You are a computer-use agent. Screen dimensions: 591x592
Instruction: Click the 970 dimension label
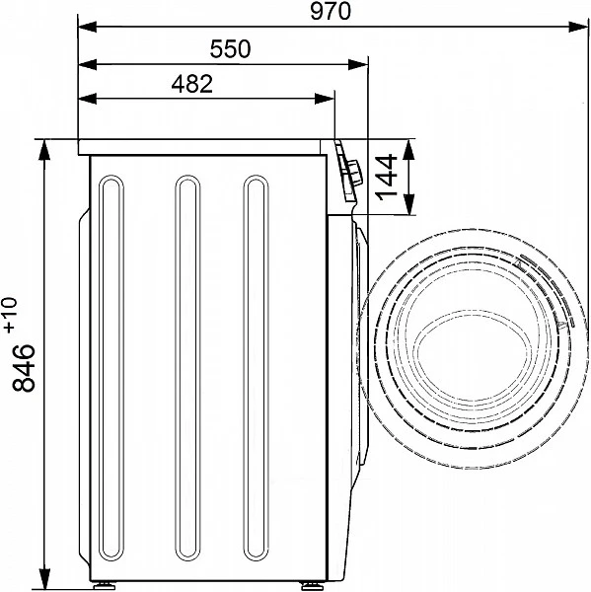tap(331, 11)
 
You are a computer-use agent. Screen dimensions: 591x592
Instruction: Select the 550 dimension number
tap(230, 49)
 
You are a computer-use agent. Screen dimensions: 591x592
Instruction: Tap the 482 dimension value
tap(192, 84)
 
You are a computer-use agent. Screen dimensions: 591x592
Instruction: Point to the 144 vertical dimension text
tap(387, 177)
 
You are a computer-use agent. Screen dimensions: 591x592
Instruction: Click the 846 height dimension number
tap(24, 367)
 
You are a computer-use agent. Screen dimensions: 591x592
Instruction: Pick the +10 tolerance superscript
tap(11, 316)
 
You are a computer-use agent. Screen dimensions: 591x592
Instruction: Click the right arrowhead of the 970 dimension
tap(578, 27)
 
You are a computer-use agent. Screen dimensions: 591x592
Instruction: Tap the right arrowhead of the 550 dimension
tap(358, 64)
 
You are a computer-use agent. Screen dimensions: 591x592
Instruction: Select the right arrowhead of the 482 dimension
tap(325, 99)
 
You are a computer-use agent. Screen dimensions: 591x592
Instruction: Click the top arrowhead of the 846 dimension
tap(44, 149)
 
